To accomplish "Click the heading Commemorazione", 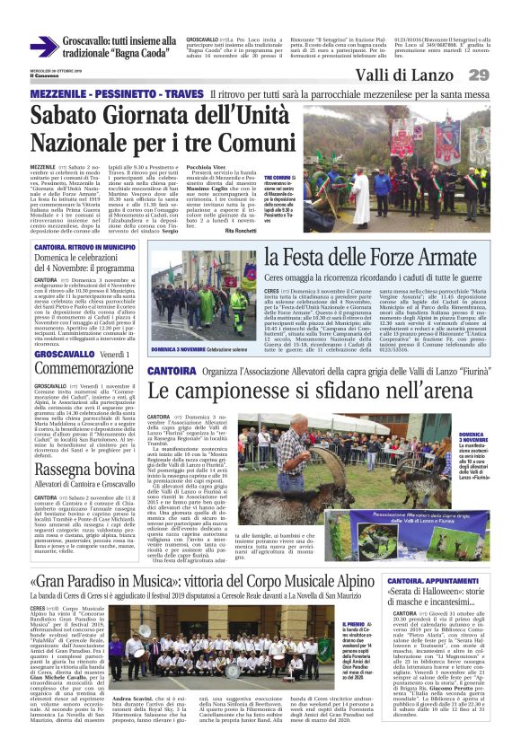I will click(76, 369).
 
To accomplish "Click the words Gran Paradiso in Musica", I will click(101, 548).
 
